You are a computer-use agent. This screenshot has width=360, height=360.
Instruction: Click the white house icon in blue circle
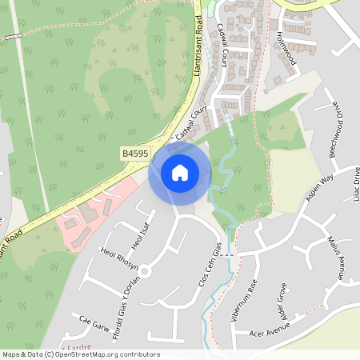pyautogui.click(x=180, y=173)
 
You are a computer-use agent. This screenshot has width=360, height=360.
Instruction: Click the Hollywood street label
pyautogui.click(x=286, y=49)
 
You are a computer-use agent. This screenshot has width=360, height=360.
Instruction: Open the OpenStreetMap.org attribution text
pyautogui.click(x=81, y=354)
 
